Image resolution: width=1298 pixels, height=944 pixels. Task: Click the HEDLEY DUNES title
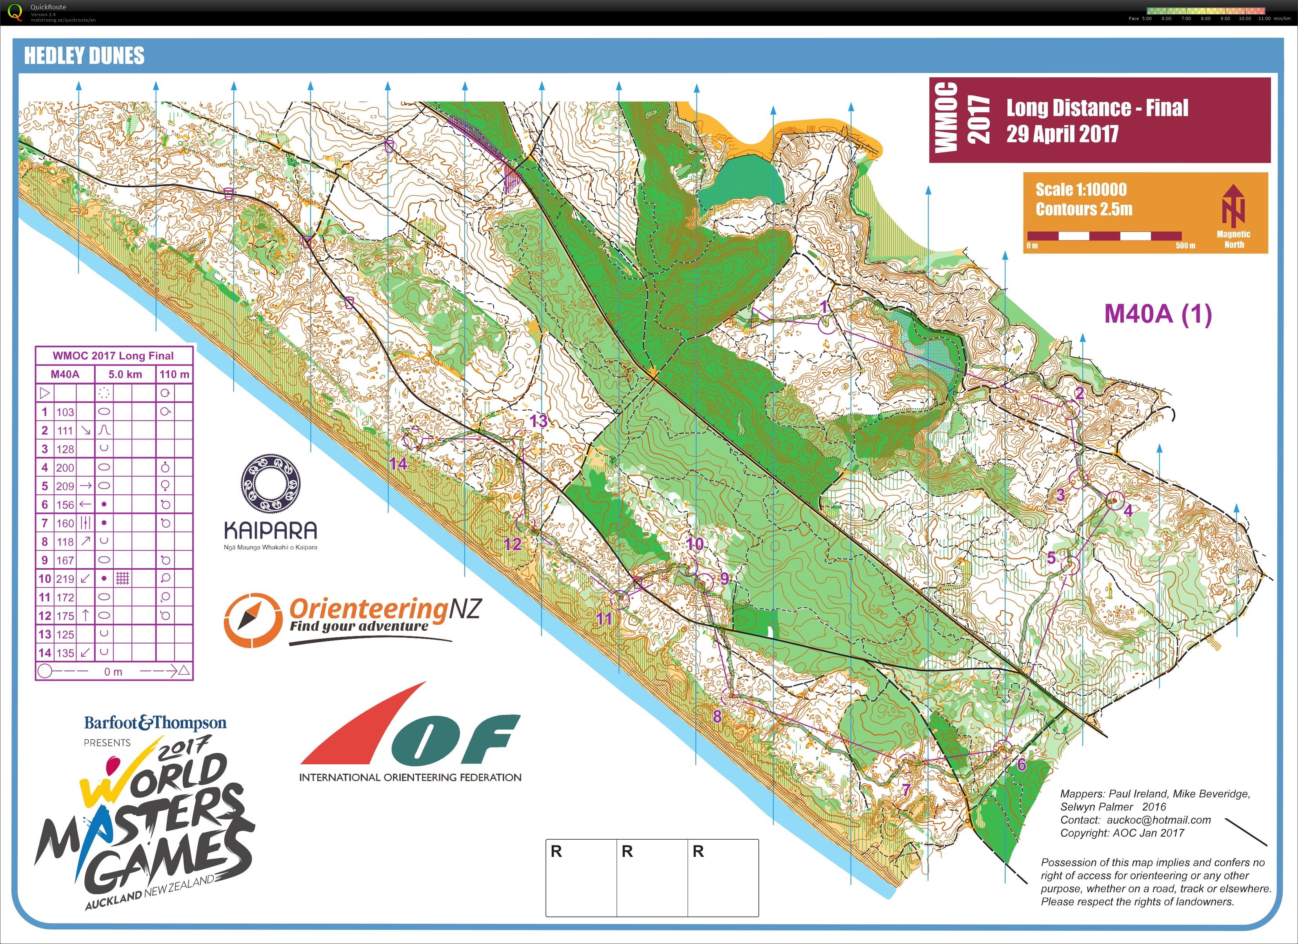click(84, 56)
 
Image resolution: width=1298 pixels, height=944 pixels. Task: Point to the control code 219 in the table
click(65, 579)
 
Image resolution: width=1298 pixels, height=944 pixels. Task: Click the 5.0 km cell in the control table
click(125, 374)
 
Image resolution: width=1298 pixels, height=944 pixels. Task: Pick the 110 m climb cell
click(175, 374)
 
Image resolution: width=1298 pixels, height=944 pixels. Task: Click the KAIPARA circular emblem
click(270, 484)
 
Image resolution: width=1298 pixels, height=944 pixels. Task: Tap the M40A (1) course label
click(1157, 314)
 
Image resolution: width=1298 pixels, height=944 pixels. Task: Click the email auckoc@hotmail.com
click(1158, 820)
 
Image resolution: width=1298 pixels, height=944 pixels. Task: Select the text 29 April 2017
click(1062, 134)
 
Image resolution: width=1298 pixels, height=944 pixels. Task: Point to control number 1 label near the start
click(824, 307)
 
